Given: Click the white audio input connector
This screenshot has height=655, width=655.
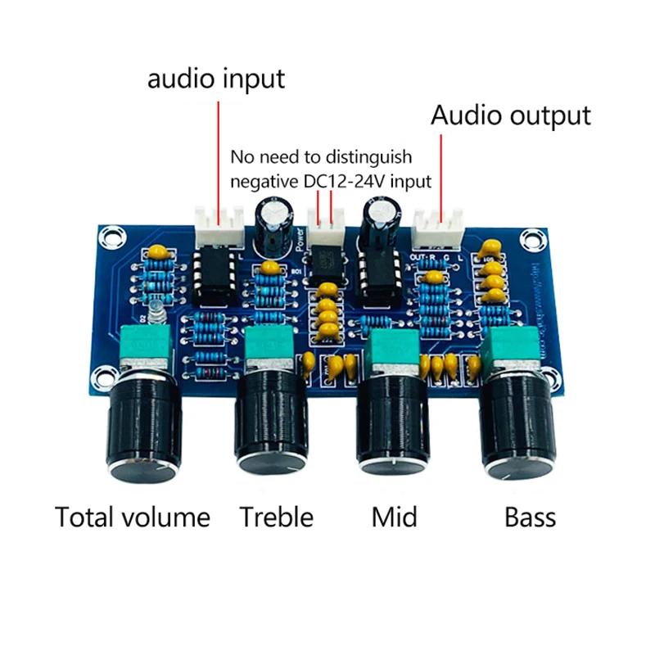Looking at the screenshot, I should point(219,225).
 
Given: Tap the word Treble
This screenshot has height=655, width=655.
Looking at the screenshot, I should point(276,517).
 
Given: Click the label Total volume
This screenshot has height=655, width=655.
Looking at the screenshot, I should point(132,517).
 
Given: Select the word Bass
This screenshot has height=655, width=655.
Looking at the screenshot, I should point(530,517).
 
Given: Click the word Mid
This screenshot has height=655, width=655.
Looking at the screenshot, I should point(394,517).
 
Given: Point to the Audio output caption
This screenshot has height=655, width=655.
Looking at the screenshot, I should point(511,115).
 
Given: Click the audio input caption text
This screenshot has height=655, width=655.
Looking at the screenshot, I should point(216,79).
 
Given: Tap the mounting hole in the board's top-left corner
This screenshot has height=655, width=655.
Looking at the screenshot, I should point(108,237).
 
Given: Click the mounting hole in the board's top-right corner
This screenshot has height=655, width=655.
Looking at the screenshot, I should point(532,243).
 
